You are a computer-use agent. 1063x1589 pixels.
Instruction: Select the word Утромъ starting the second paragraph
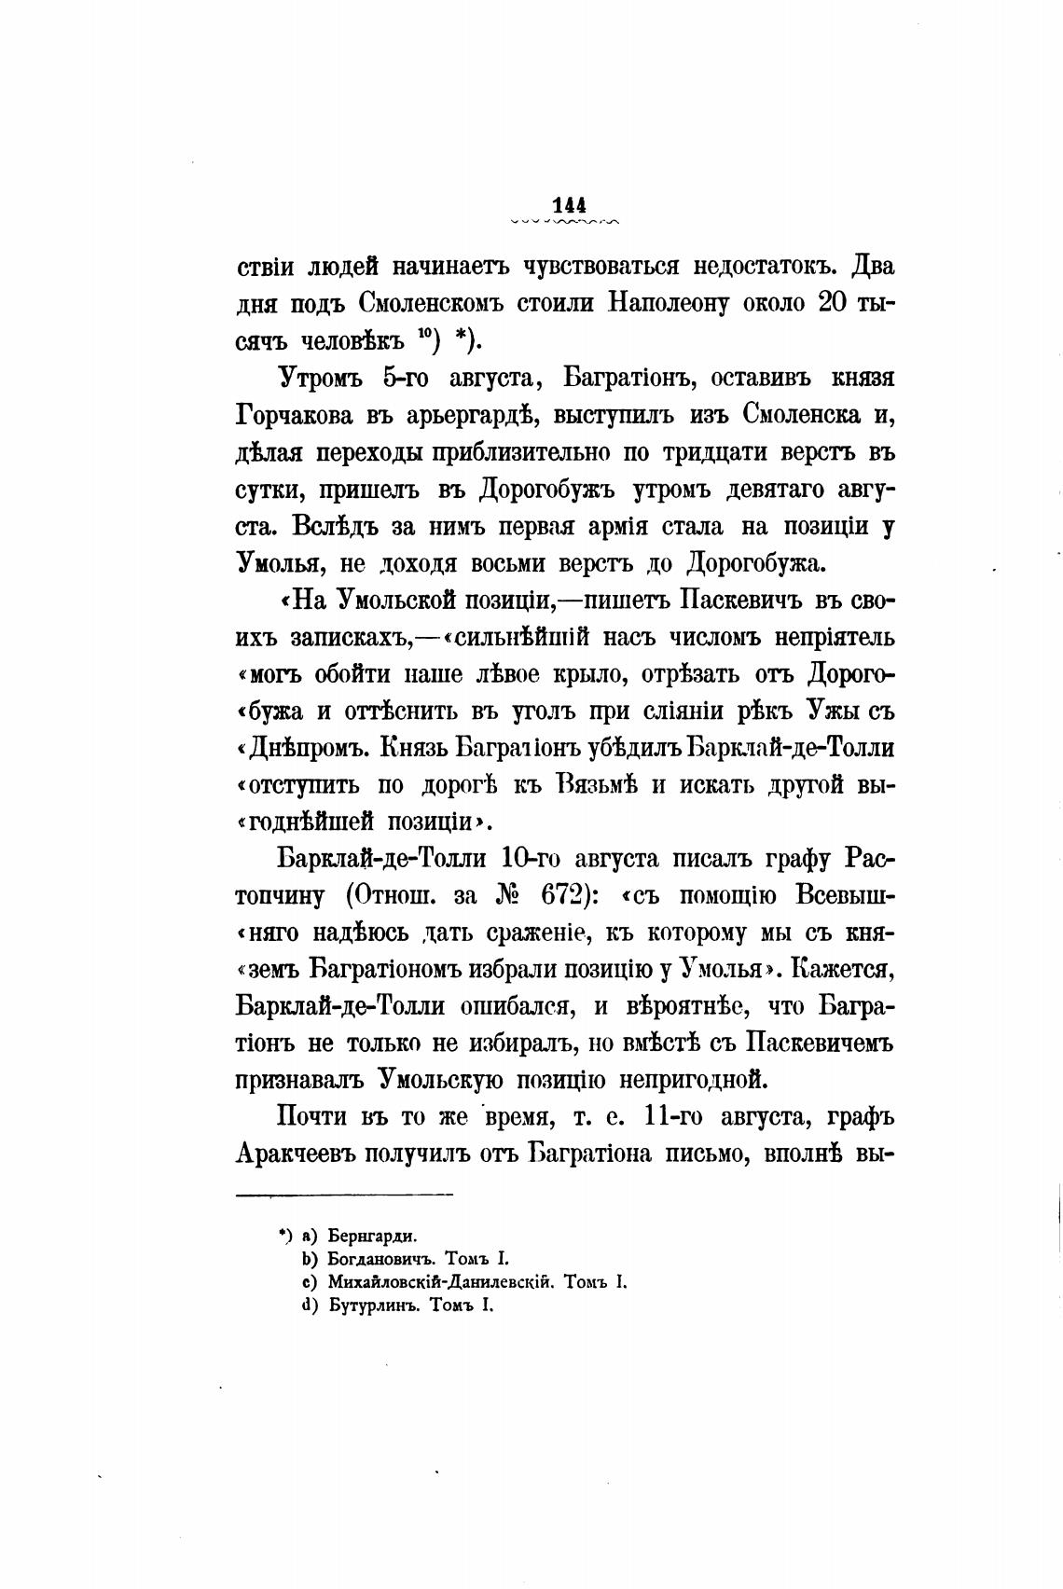tap(322, 378)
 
